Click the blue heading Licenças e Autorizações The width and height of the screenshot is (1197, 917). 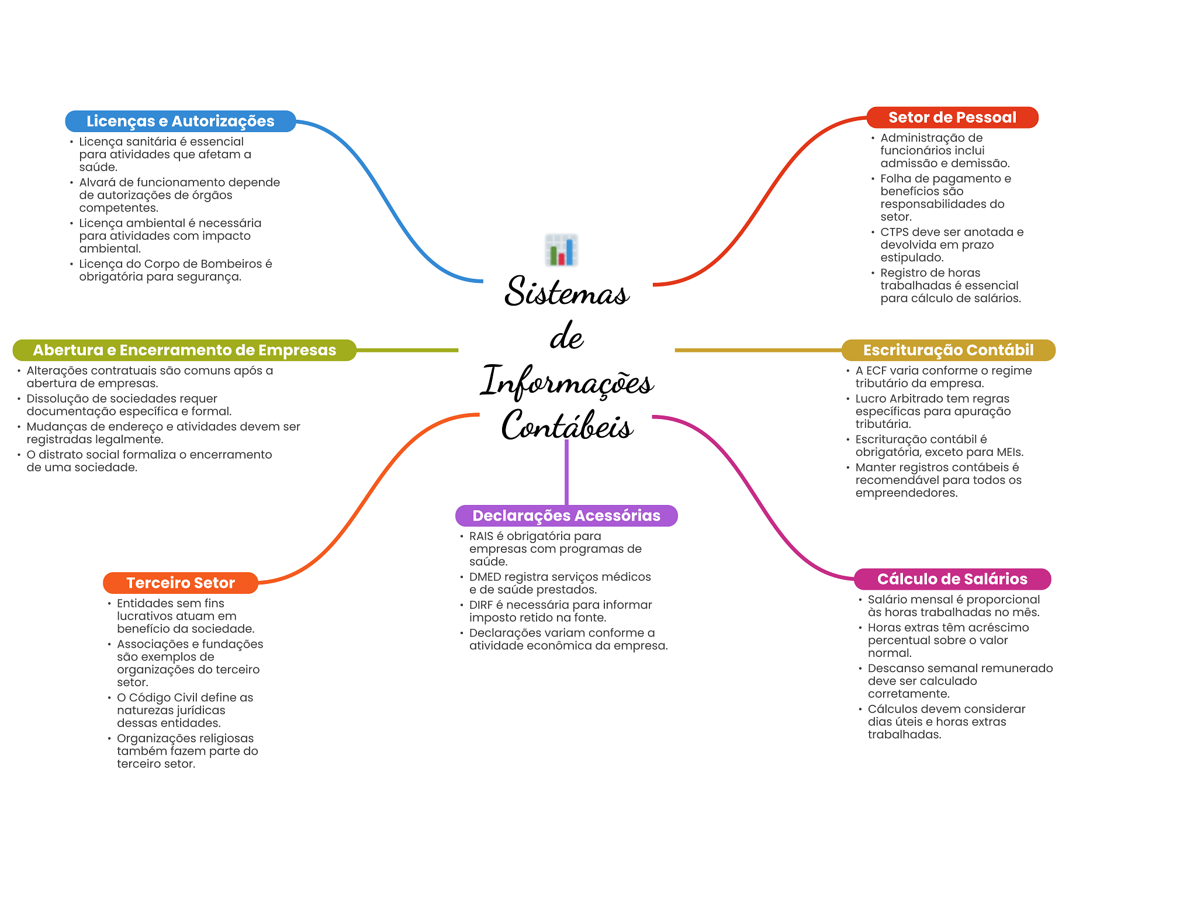coord(181,121)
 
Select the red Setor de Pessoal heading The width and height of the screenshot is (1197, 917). coord(952,117)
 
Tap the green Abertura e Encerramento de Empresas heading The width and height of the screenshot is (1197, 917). coord(185,350)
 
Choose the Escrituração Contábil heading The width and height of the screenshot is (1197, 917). coord(948,350)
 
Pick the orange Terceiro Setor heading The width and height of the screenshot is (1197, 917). coord(181,583)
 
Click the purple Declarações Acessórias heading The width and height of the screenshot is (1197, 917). coord(566,515)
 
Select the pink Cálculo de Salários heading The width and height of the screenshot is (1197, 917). coord(952,579)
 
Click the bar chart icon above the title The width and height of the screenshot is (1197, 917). coord(562,250)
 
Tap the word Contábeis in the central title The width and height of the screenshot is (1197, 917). coord(567,424)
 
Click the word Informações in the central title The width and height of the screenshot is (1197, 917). coord(567,381)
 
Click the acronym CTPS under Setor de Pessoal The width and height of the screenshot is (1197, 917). coord(895,232)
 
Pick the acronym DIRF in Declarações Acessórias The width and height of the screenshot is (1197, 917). coord(481,605)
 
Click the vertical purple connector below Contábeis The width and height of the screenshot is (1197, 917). coord(566,472)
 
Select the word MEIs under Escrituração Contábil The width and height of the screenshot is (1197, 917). coord(1010,452)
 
